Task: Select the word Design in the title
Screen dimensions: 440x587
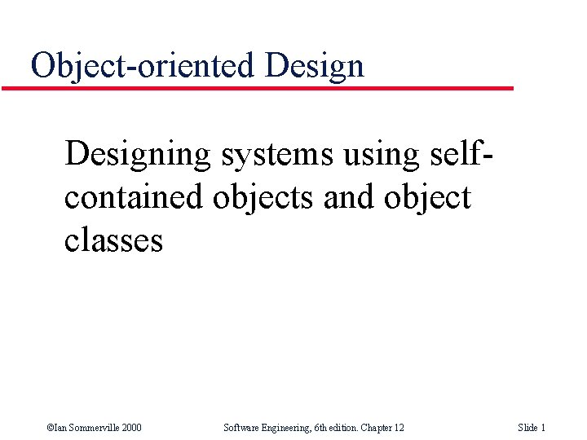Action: coord(314,65)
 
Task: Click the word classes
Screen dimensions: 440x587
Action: coord(113,241)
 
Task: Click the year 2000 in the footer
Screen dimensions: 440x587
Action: coord(130,427)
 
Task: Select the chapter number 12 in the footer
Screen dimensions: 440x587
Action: coord(398,427)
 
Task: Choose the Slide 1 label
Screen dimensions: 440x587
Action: coord(531,427)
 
